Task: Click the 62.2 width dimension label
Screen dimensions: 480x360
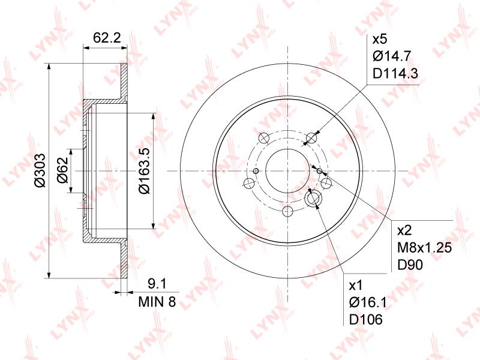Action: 107,38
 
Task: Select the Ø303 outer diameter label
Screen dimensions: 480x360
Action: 40,170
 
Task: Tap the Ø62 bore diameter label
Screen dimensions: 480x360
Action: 62,170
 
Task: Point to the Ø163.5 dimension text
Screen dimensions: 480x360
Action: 144,170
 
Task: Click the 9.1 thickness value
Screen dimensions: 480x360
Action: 157,284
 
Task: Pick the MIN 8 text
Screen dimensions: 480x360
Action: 157,302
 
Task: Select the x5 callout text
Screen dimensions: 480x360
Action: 380,39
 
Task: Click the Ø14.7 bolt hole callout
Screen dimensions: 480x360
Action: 392,56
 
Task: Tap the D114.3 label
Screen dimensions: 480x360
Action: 395,73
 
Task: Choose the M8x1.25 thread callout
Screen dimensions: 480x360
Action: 424,248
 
